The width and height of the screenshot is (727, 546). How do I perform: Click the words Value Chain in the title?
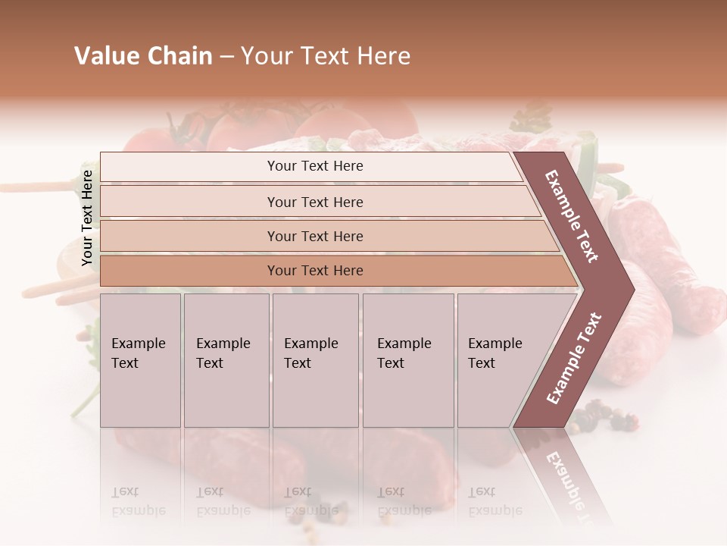[143, 56]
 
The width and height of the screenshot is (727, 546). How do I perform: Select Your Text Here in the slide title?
[326, 56]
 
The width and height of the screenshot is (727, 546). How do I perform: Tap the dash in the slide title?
[226, 57]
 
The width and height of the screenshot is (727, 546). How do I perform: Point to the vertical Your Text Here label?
[87, 218]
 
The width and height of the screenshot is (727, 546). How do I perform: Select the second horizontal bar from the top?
[315, 202]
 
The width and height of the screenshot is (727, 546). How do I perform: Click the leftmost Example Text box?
[140, 359]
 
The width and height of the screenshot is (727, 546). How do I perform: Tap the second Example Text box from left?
[226, 359]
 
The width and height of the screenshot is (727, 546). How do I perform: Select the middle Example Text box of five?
[315, 359]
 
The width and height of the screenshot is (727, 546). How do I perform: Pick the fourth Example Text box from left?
[408, 359]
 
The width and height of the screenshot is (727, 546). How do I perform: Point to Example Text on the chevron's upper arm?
[572, 216]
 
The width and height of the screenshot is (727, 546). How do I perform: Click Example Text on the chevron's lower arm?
[574, 358]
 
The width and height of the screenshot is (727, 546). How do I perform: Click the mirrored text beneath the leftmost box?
[139, 501]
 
